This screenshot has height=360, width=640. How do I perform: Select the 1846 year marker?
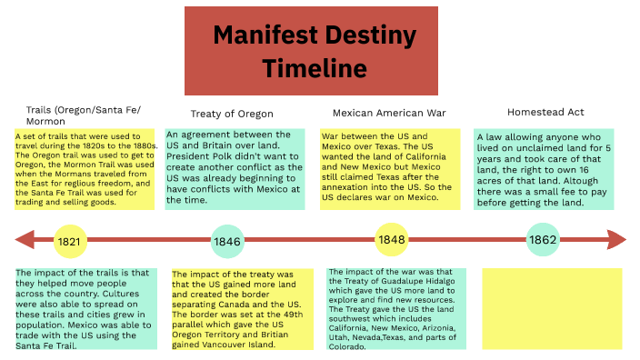(x=226, y=242)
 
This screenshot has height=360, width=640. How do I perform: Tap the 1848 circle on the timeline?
(x=392, y=239)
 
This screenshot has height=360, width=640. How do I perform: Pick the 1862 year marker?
(x=543, y=241)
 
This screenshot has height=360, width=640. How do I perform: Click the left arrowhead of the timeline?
(x=25, y=241)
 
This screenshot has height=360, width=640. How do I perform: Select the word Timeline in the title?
(x=315, y=68)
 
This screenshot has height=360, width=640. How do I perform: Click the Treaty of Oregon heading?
(x=232, y=114)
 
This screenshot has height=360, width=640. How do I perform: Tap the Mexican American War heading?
(x=390, y=114)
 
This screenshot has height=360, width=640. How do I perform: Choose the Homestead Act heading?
(x=545, y=113)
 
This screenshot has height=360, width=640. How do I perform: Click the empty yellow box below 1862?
(x=552, y=308)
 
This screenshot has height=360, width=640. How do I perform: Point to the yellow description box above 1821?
(x=85, y=171)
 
